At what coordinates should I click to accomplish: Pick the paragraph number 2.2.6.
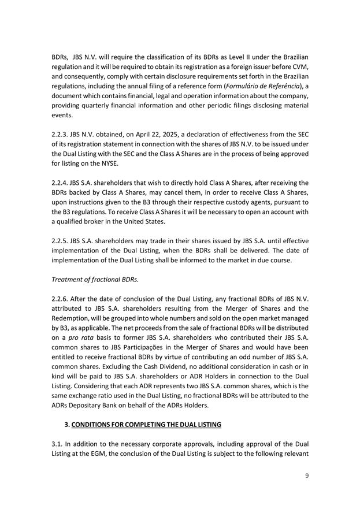(61, 298)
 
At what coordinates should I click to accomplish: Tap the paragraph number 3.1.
(57, 445)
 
